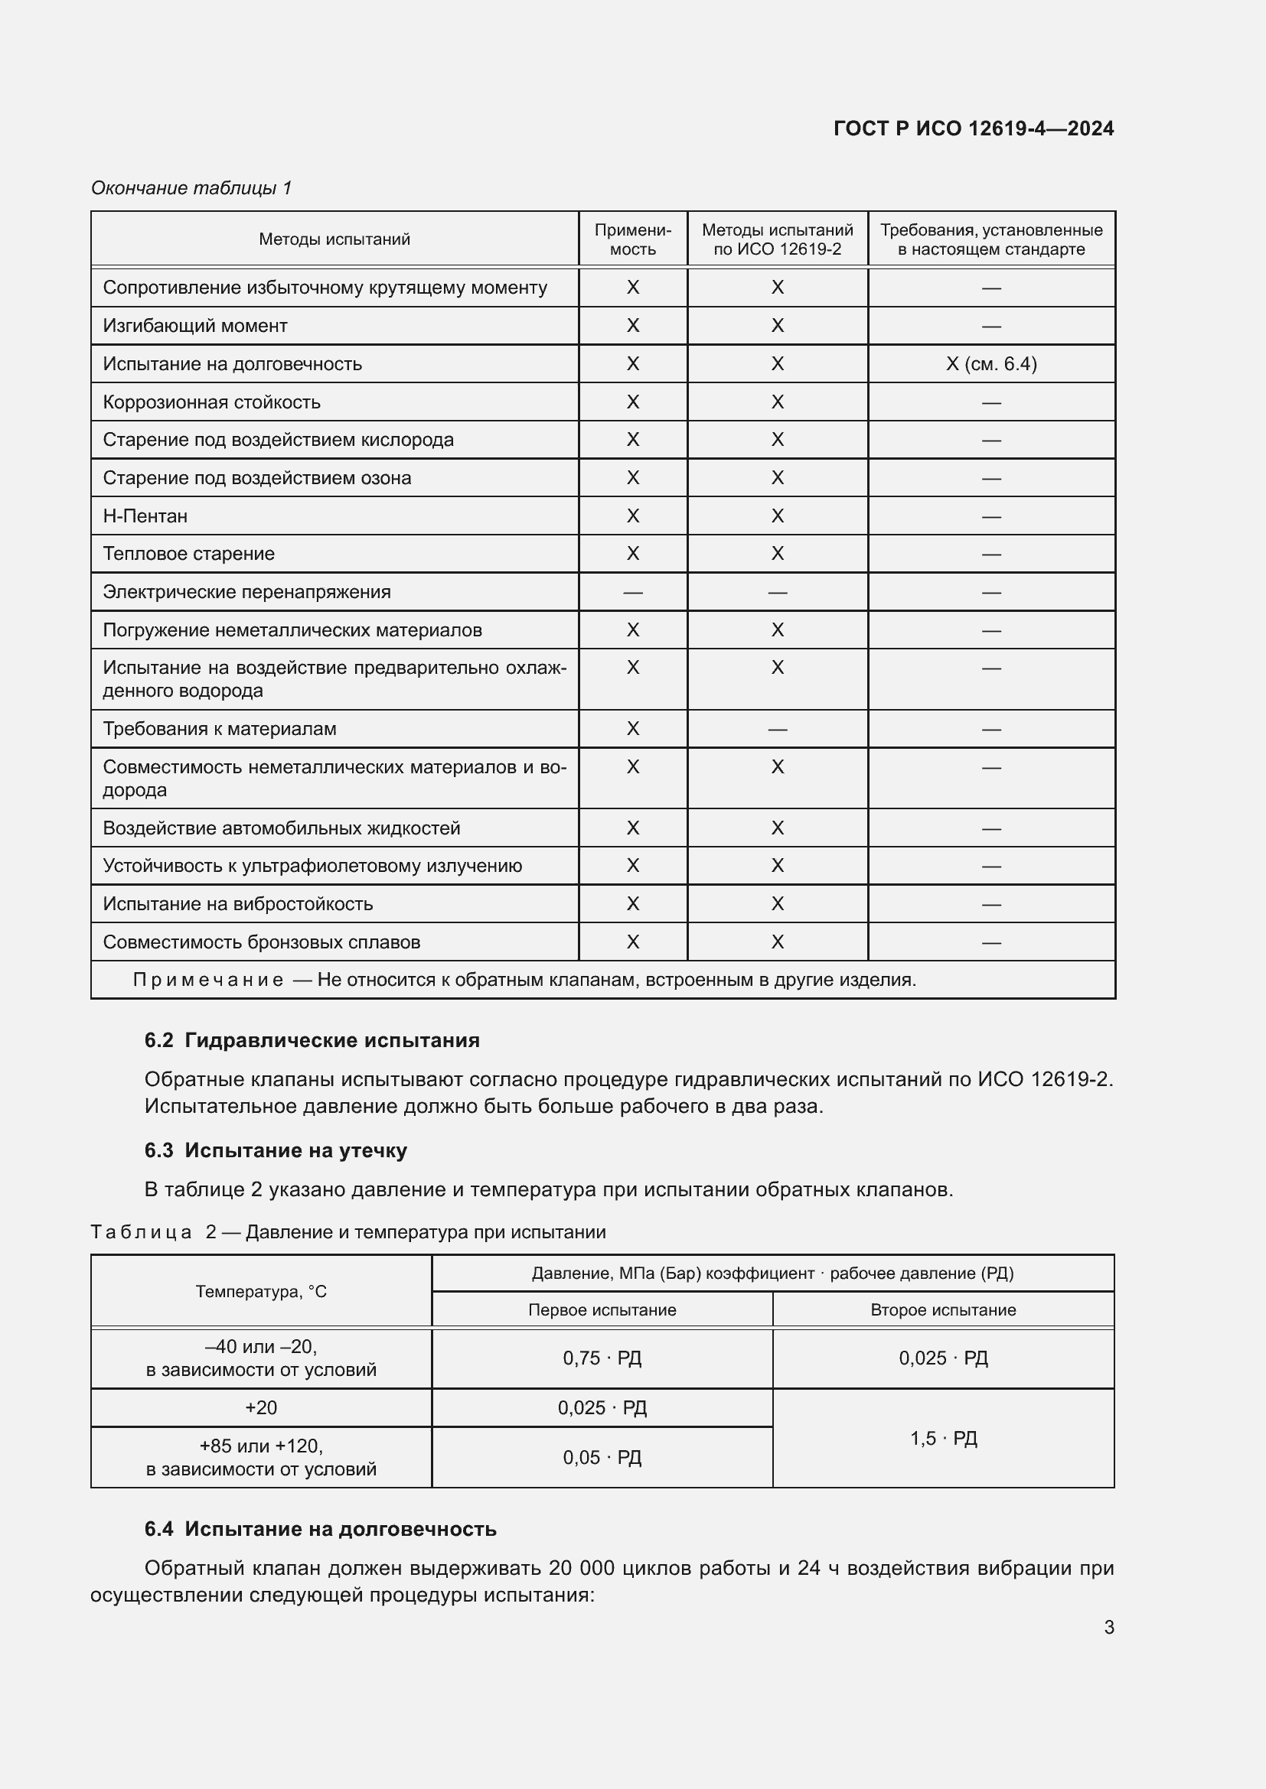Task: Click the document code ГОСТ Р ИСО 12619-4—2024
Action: (x=973, y=128)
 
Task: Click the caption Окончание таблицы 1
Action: (x=191, y=188)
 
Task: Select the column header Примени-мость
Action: (x=632, y=239)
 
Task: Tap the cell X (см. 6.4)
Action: (x=990, y=364)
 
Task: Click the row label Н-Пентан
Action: (x=145, y=516)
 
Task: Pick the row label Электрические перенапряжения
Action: (x=246, y=591)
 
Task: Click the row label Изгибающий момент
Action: (x=195, y=326)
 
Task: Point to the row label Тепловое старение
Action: (x=188, y=553)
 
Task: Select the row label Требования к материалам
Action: (x=220, y=729)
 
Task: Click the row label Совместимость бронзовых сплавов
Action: (x=261, y=942)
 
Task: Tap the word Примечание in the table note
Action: (x=207, y=980)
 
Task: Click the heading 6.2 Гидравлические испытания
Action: (x=312, y=1040)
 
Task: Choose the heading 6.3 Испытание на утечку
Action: (x=276, y=1150)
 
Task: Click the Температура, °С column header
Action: (x=261, y=1291)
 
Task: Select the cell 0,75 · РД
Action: (x=602, y=1358)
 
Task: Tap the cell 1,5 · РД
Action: (x=943, y=1439)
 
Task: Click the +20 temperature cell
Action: (x=261, y=1408)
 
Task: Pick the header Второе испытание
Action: (x=943, y=1309)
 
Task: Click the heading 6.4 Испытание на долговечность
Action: (x=321, y=1529)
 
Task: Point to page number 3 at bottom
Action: (x=1108, y=1627)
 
